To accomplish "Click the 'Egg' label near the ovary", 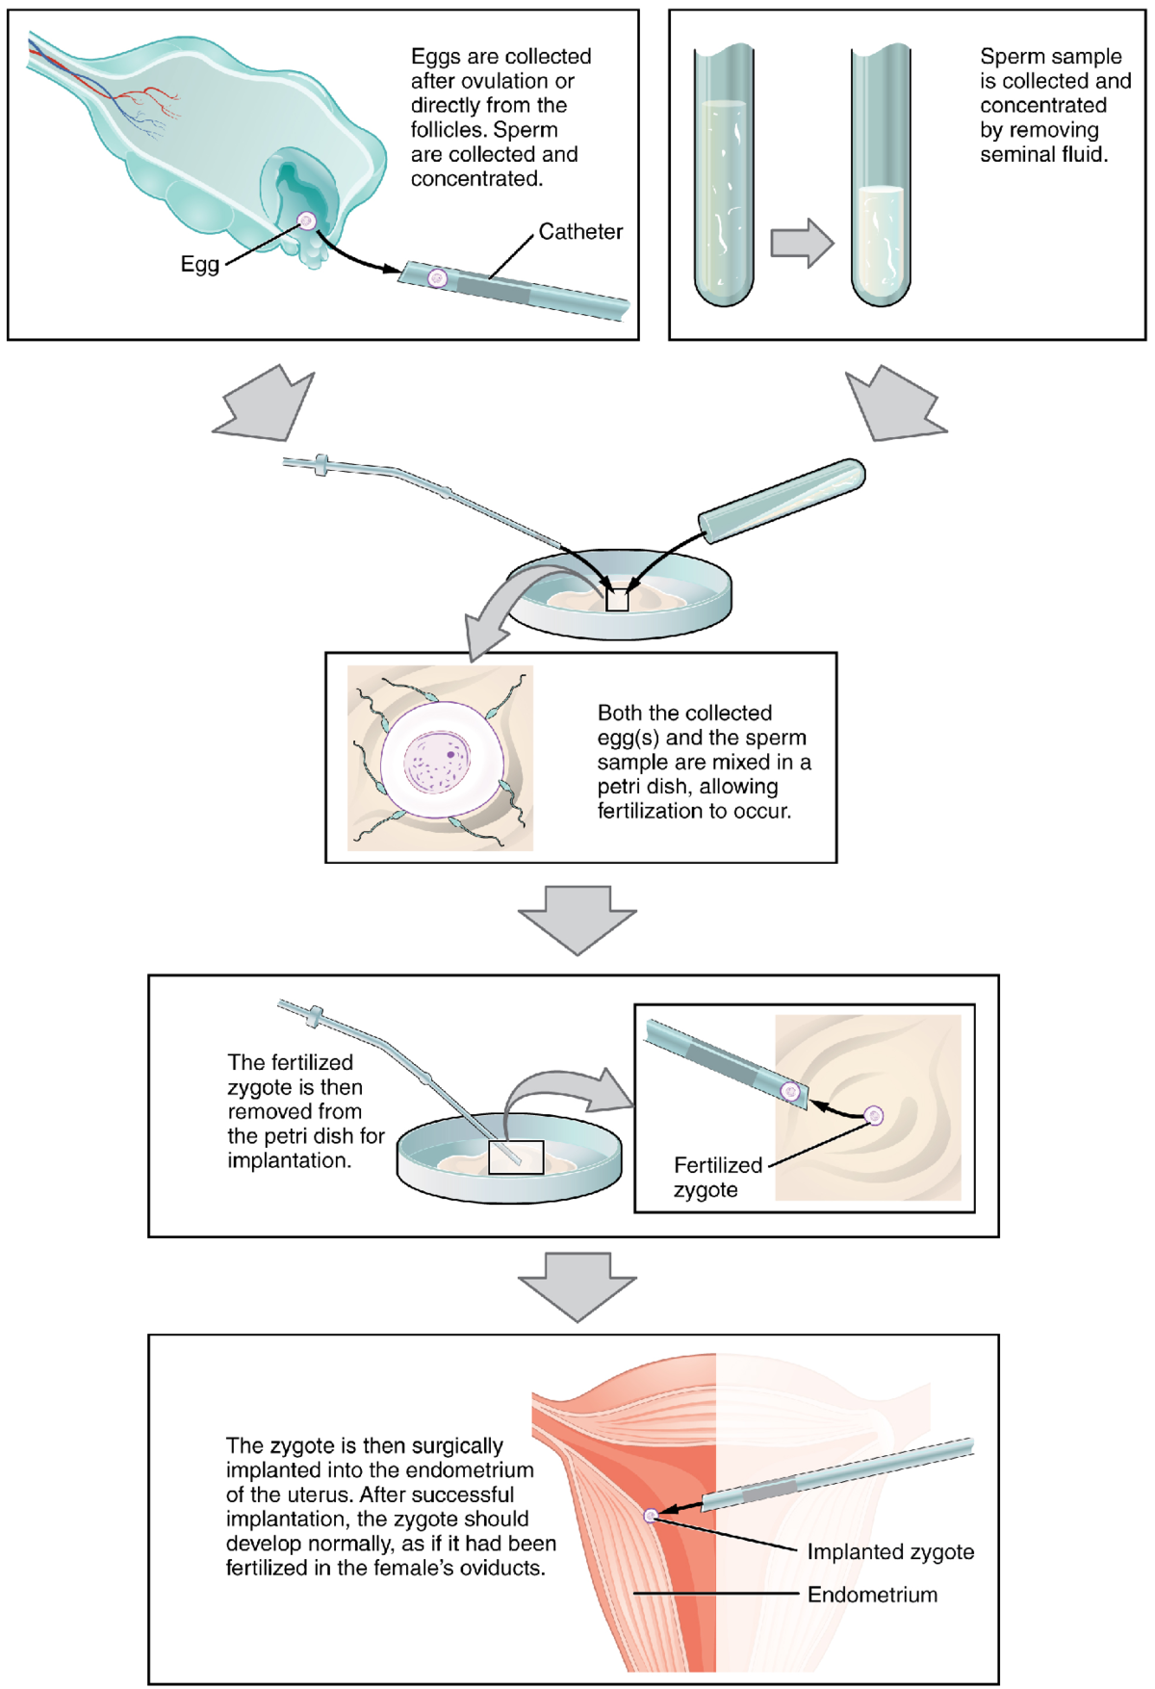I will point(199,264).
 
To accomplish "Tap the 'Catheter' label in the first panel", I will point(580,231).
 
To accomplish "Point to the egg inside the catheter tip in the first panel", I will point(437,278).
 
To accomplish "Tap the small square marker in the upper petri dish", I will point(617,599).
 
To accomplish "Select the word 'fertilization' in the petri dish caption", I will point(651,811).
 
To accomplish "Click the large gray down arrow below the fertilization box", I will point(577,920).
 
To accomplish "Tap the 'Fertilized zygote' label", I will point(717,1177).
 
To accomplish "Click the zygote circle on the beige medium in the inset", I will point(874,1115).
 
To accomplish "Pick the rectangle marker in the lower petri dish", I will point(516,1156).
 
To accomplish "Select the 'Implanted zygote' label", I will point(890,1551).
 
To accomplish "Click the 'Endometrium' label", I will point(872,1594).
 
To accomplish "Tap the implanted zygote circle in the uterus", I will point(651,1515).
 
